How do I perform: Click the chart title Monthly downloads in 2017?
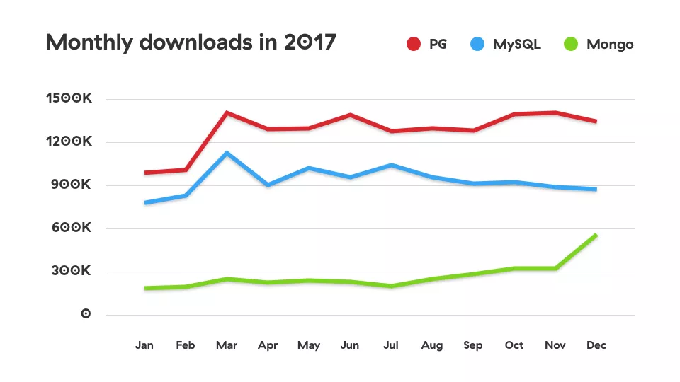191,42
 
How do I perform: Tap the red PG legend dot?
414,45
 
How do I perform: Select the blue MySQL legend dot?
478,45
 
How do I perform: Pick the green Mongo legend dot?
571,45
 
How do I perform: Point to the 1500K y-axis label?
69,100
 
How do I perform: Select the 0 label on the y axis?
86,315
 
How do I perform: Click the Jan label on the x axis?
144,345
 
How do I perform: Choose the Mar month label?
226,345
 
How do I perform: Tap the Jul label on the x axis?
391,345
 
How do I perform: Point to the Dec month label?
596,345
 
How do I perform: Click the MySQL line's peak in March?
226,153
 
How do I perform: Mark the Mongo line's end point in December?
596,235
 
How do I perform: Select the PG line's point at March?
226,112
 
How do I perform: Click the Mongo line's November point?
555,268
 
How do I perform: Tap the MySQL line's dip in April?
267,185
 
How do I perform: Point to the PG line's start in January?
145,173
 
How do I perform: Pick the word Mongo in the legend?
610,45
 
